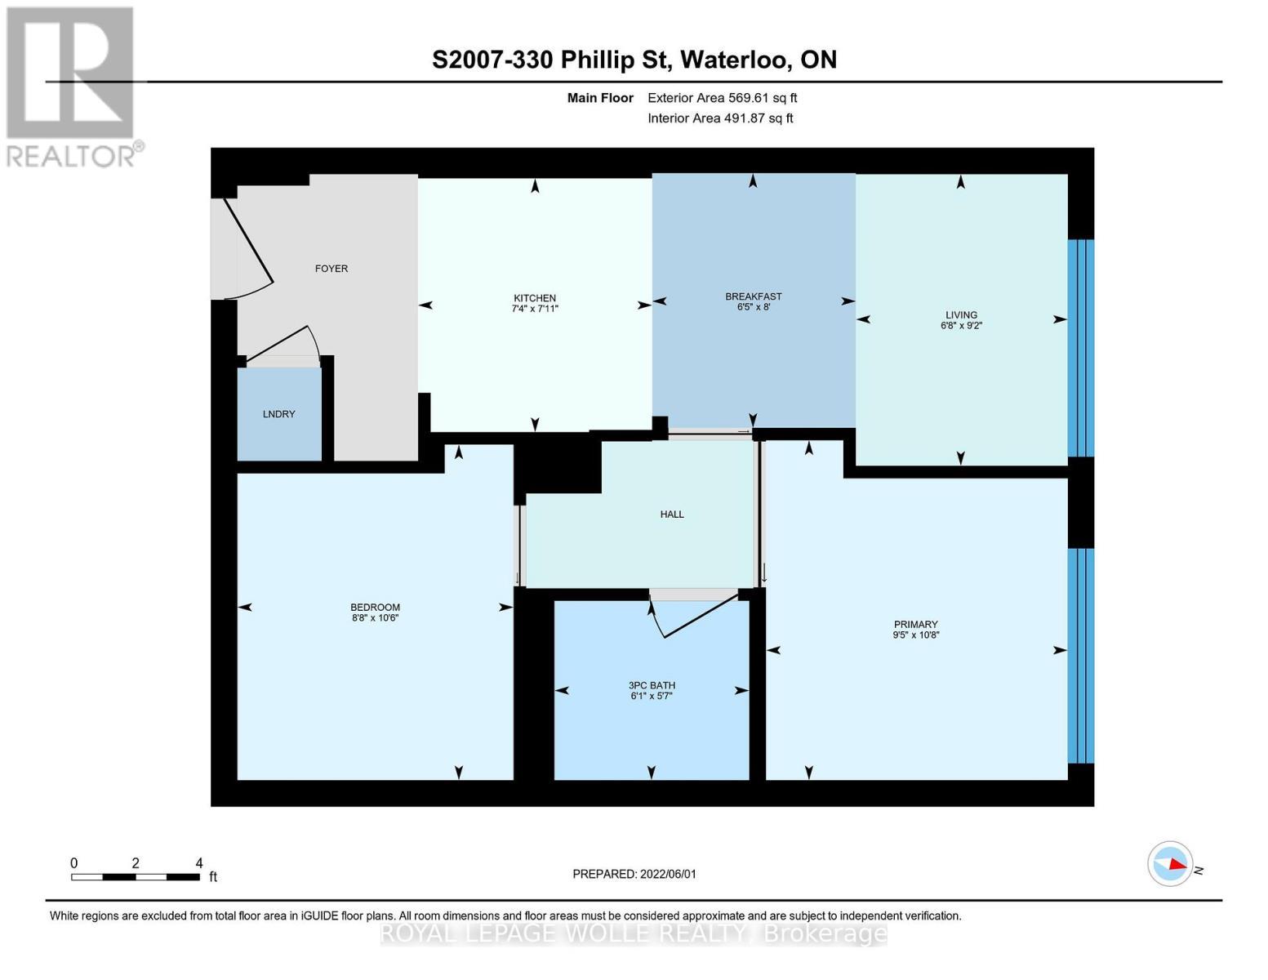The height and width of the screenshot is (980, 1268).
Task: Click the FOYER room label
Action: (x=331, y=269)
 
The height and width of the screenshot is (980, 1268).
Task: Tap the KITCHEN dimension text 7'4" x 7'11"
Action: (x=535, y=310)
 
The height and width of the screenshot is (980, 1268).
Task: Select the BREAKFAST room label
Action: (x=753, y=296)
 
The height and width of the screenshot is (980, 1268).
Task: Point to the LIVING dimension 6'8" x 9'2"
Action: (x=961, y=326)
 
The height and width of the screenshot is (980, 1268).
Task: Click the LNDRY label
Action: (x=279, y=414)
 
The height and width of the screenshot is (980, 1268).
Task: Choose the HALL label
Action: (x=672, y=514)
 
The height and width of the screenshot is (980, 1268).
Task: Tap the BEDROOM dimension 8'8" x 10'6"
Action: (x=375, y=618)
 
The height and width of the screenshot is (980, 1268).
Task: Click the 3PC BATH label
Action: (x=652, y=685)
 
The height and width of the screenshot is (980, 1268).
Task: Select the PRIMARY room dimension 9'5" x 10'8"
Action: (x=915, y=635)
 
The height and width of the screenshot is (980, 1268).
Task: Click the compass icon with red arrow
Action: (x=1170, y=863)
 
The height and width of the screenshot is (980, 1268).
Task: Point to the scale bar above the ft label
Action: (x=135, y=877)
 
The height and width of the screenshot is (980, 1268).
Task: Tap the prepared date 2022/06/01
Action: (x=668, y=874)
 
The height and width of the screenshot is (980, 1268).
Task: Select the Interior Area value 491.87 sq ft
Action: (x=759, y=118)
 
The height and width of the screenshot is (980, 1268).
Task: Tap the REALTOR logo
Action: (x=71, y=86)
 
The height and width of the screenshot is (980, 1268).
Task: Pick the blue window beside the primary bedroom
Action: (x=1081, y=656)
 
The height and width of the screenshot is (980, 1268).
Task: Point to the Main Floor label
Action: (x=600, y=98)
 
